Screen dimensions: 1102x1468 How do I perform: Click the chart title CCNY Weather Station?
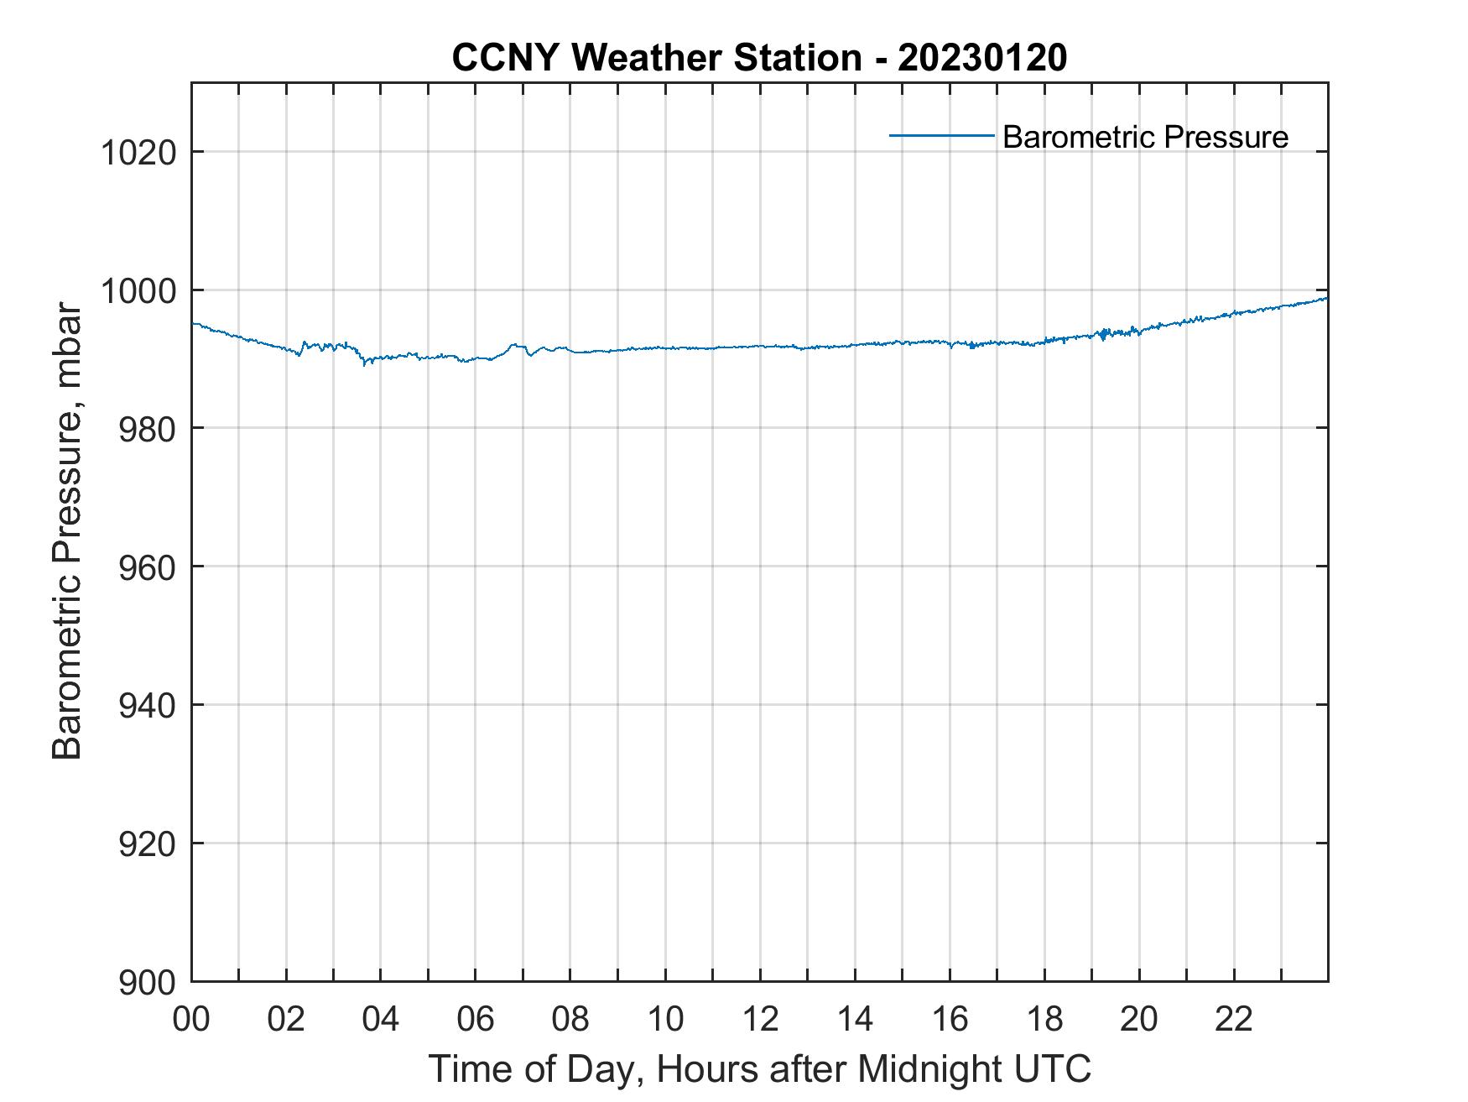(656, 58)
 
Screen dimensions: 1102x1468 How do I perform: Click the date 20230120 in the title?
(982, 58)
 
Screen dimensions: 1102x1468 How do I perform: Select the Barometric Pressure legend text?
(1145, 137)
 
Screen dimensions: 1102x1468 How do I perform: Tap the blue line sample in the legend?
(941, 135)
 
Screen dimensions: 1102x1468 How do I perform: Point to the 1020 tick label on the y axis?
(138, 154)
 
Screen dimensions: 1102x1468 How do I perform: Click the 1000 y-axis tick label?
(138, 291)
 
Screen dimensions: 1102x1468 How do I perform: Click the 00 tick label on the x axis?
(191, 1019)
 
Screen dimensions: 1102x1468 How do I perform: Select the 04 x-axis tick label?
(381, 1019)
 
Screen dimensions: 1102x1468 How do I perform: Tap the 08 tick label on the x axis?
(570, 1019)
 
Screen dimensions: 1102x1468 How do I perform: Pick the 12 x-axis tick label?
(760, 1019)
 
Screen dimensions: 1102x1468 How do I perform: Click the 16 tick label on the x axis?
(950, 1019)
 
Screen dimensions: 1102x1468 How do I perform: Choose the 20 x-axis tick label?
(1139, 1019)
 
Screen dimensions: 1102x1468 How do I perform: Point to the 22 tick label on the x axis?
(1234, 1019)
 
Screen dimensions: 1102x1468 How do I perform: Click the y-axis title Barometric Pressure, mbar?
(67, 530)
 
